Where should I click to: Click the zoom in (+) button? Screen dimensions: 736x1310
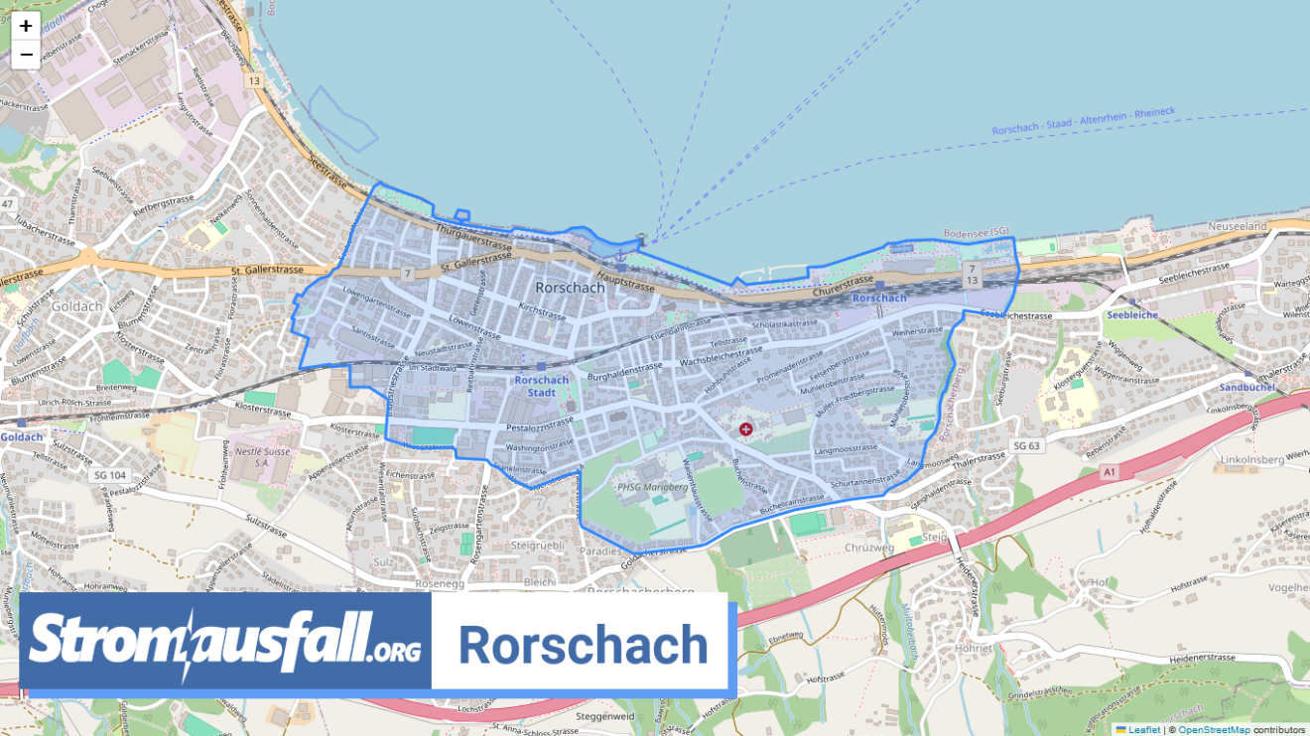pos(26,27)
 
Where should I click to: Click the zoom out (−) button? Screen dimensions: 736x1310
pos(26,55)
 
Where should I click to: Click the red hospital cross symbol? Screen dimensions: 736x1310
pos(745,429)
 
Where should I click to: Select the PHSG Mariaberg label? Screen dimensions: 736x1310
pos(653,487)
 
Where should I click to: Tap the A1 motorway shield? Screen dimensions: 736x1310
pos(1109,474)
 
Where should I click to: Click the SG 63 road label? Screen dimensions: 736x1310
pos(1027,445)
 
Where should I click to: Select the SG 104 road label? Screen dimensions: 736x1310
pos(109,475)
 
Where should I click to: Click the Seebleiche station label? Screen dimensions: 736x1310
pos(1131,314)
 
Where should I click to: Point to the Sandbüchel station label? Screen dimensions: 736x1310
pos(1245,388)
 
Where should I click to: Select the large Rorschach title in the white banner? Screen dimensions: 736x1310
pos(583,646)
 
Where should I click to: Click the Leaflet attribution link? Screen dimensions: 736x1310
pos(1142,730)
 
